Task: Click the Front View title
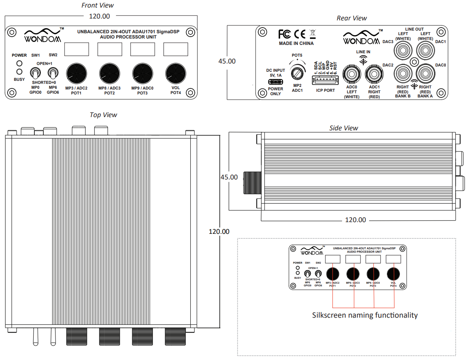coord(97,5)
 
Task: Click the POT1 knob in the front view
coord(76,73)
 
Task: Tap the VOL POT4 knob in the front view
coord(176,73)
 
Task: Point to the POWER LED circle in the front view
coord(19,63)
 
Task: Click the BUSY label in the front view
coord(19,80)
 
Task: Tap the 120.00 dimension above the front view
coord(99,16)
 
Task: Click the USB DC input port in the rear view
coord(276,82)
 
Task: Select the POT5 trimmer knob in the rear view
coord(297,72)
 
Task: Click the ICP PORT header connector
coord(325,80)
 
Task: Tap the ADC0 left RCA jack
coord(351,74)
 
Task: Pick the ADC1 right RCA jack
coord(374,74)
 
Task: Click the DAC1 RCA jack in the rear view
coord(425,50)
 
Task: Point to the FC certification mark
coord(285,34)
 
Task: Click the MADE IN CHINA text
coord(296,43)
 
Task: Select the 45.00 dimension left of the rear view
coord(227,61)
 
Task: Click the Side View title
coord(344,128)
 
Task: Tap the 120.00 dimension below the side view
coord(355,220)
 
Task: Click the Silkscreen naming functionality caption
coord(365,315)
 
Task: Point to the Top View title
coord(103,115)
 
